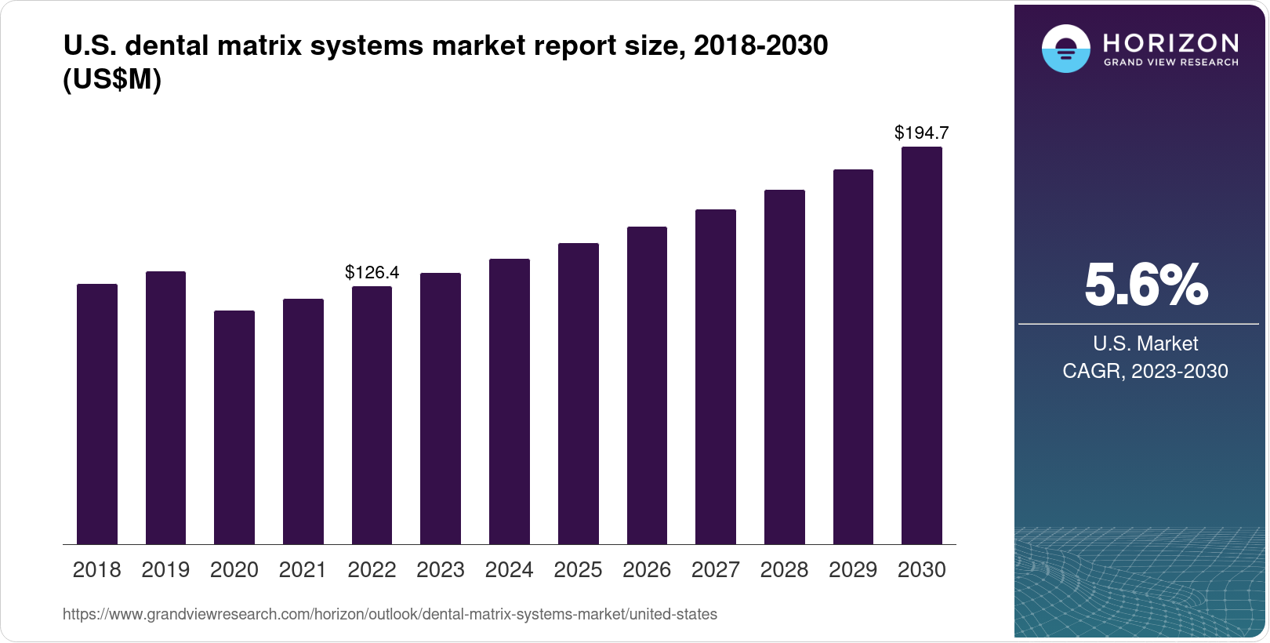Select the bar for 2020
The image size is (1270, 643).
coord(234,427)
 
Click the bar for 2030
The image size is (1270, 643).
coord(921,345)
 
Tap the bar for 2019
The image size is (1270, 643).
coord(165,408)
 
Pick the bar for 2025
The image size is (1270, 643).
coord(578,394)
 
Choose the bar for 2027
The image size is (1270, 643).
coord(715,376)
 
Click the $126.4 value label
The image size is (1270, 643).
coord(372,273)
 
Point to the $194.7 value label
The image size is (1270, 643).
coord(921,133)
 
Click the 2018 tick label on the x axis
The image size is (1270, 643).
coord(96,570)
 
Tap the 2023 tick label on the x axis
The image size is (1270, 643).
coord(440,570)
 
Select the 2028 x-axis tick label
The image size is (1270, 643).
coord(783,570)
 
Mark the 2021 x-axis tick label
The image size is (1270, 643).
coord(303,570)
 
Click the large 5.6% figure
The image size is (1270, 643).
coord(1145,285)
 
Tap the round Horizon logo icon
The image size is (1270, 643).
coord(1065,49)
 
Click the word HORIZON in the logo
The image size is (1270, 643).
coord(1170,42)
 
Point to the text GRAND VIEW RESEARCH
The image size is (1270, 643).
coord(1170,63)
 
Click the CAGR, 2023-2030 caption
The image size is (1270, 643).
coord(1145,371)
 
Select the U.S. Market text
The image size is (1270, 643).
coord(1145,343)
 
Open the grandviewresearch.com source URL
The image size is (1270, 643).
coord(390,615)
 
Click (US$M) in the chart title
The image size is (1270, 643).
coord(111,80)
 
